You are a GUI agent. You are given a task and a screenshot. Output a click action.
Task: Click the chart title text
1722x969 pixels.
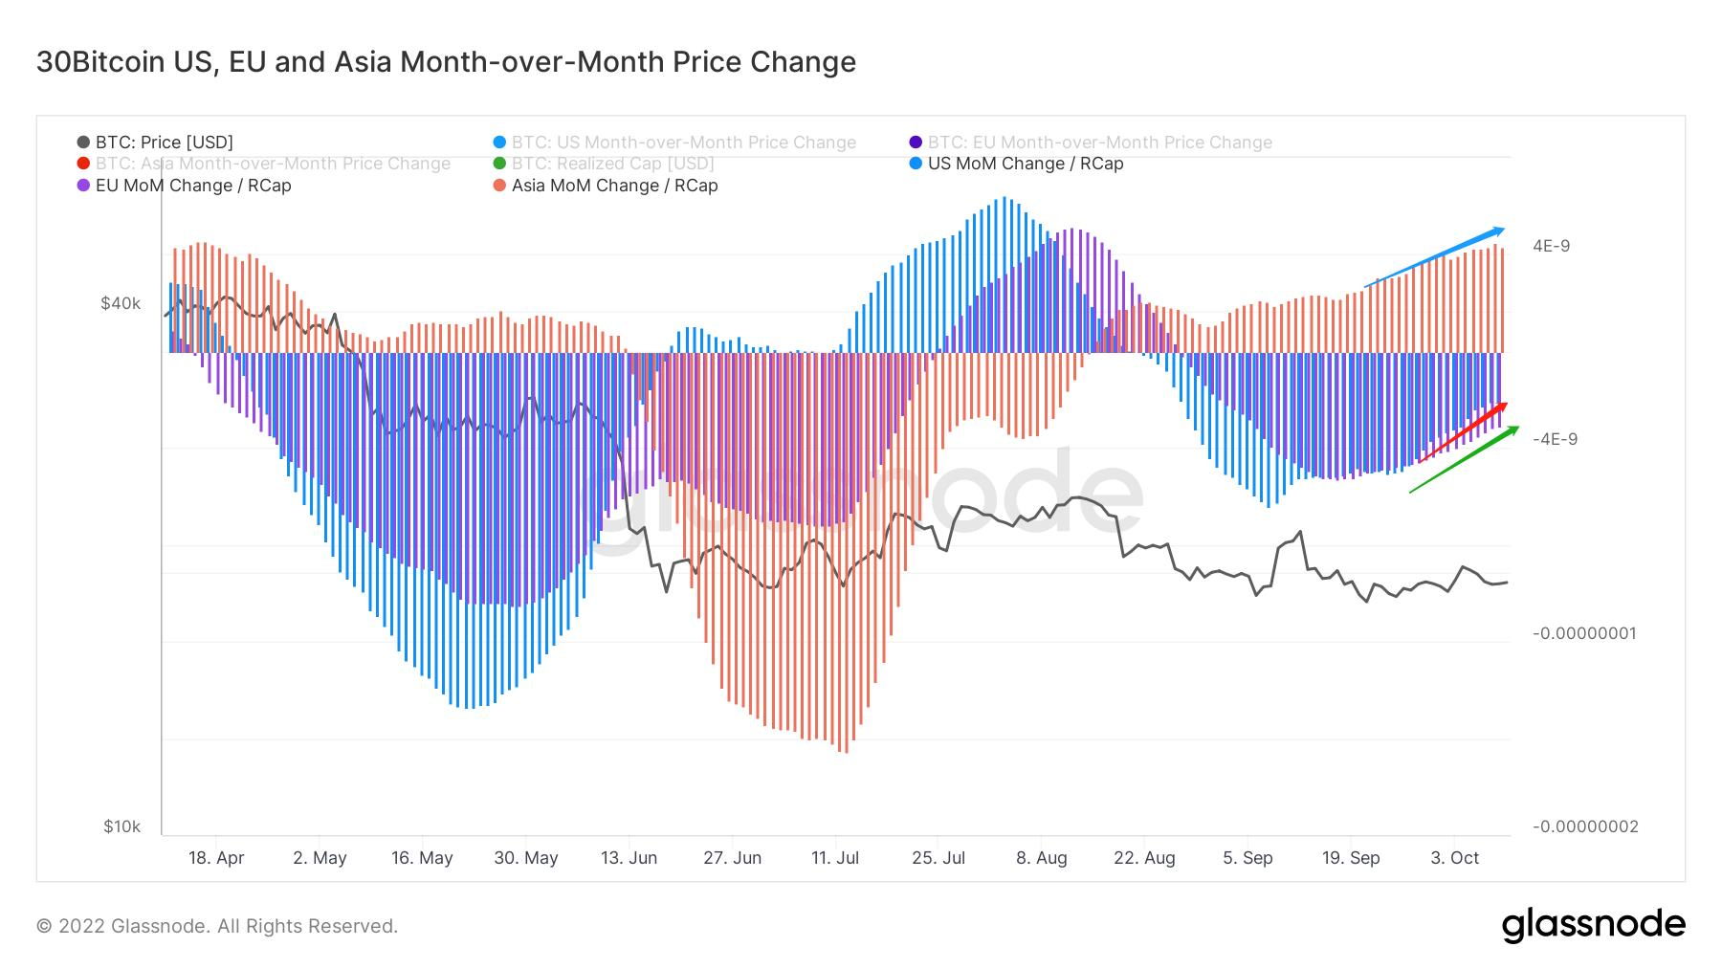pyautogui.click(x=446, y=62)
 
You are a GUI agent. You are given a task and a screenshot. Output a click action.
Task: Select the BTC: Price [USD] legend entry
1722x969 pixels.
pyautogui.click(x=164, y=143)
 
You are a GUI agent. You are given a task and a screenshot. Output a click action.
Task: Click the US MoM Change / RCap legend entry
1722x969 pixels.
pyautogui.click(x=1025, y=164)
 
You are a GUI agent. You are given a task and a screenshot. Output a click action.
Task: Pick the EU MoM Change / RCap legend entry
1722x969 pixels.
pyautogui.click(x=192, y=186)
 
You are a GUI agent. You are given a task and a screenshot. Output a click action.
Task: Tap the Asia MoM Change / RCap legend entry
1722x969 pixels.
pyautogui.click(x=613, y=186)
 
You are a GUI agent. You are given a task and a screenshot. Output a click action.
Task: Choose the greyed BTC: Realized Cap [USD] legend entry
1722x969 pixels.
pyautogui.click(x=611, y=164)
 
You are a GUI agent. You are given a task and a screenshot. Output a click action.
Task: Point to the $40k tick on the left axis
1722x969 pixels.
pyautogui.click(x=121, y=303)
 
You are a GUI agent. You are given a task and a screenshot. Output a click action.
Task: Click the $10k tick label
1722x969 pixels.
pyautogui.click(x=121, y=826)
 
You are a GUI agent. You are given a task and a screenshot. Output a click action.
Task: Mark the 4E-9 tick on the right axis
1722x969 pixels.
pyautogui.click(x=1551, y=246)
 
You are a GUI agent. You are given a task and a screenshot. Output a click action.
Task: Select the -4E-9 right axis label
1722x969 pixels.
pyautogui.click(x=1555, y=439)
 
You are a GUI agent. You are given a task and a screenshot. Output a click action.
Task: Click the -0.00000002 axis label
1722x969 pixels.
pyautogui.click(x=1583, y=826)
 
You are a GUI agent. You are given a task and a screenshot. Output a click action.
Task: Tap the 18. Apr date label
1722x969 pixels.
pyautogui.click(x=216, y=858)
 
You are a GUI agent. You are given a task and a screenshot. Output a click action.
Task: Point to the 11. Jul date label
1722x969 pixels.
pyautogui.click(x=834, y=858)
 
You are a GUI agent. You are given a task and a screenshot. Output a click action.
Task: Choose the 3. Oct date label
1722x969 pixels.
pyautogui.click(x=1454, y=858)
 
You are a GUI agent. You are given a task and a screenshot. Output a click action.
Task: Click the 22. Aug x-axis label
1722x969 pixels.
pyautogui.click(x=1144, y=858)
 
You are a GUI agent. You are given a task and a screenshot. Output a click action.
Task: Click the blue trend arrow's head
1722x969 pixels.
pyautogui.click(x=1499, y=231)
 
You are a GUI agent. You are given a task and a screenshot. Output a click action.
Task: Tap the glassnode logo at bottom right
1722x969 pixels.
pyautogui.click(x=1593, y=925)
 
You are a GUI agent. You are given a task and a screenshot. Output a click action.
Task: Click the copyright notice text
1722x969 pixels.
pyautogui.click(x=217, y=926)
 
